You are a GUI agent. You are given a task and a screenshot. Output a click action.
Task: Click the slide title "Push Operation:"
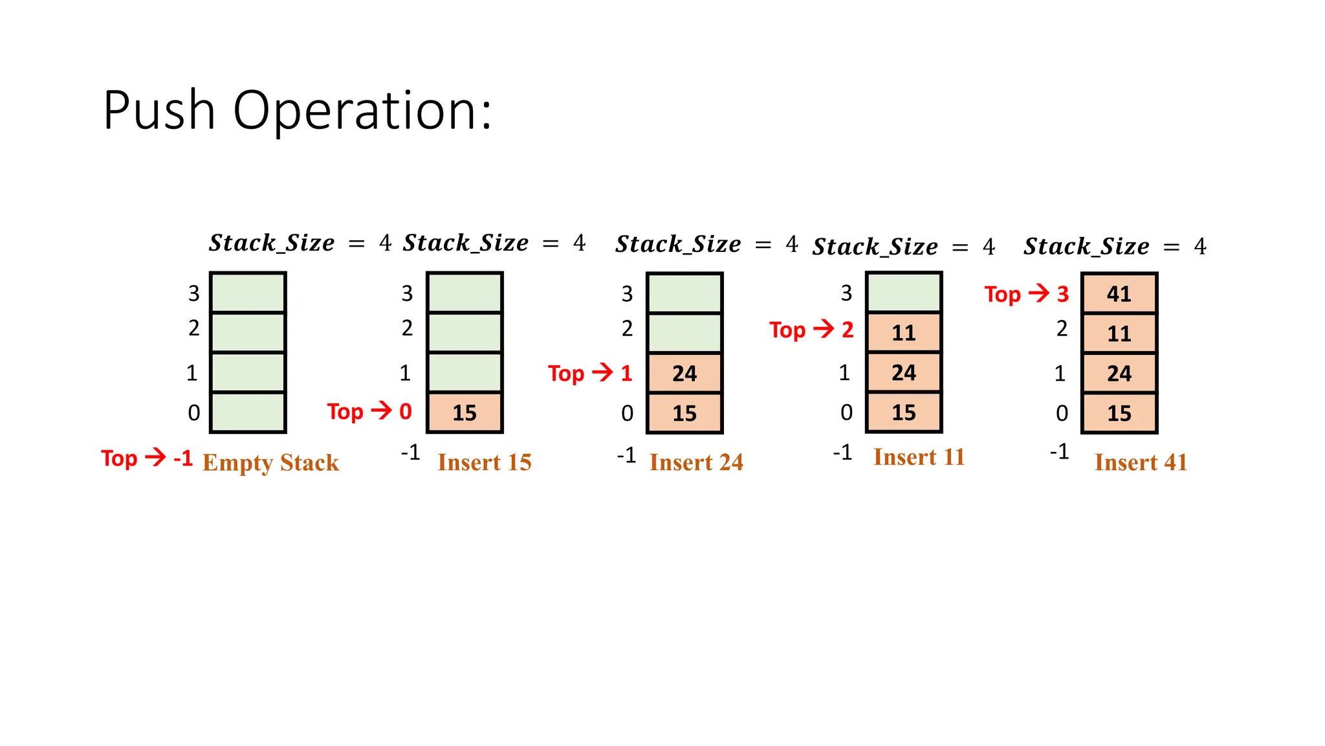point(297,111)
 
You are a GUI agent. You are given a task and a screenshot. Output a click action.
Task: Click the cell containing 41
point(1119,294)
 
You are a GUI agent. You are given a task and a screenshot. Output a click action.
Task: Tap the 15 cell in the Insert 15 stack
point(465,413)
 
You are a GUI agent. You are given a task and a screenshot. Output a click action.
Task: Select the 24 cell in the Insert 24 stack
point(684,373)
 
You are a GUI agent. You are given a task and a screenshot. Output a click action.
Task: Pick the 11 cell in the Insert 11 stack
point(904,333)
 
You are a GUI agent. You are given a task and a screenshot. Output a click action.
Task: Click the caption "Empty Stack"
point(270,462)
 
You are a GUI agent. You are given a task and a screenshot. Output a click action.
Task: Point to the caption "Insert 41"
point(1141,462)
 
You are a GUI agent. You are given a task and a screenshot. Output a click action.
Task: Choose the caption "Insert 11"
point(919,457)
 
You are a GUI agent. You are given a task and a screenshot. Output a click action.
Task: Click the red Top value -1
point(183,458)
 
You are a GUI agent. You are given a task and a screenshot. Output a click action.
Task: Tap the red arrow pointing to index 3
point(1039,293)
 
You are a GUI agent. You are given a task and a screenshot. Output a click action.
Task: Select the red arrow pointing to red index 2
point(824,329)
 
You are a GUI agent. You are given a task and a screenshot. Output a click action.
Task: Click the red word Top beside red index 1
point(566,374)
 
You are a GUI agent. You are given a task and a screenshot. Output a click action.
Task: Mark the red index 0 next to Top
point(406,411)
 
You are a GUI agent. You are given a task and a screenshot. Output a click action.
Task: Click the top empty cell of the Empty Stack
point(248,293)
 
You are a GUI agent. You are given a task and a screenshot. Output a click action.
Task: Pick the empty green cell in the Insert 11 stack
point(904,293)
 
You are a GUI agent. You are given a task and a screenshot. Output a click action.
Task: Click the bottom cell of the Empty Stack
point(248,413)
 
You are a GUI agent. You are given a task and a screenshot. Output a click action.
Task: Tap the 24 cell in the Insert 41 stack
point(1119,373)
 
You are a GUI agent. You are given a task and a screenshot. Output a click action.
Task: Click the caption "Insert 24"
point(696,462)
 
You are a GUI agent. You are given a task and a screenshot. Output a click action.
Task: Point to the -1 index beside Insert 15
point(411,452)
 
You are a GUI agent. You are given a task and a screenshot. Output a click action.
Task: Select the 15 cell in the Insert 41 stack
point(1119,413)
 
